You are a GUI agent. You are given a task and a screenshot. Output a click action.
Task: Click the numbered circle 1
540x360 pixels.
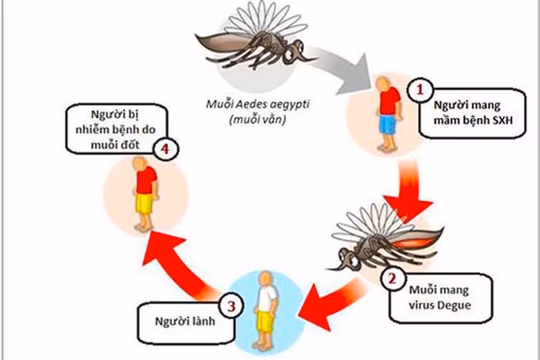(421, 90)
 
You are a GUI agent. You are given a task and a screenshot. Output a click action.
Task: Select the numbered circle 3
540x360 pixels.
(231, 307)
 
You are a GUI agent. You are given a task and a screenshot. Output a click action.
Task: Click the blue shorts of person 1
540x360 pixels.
(386, 125)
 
